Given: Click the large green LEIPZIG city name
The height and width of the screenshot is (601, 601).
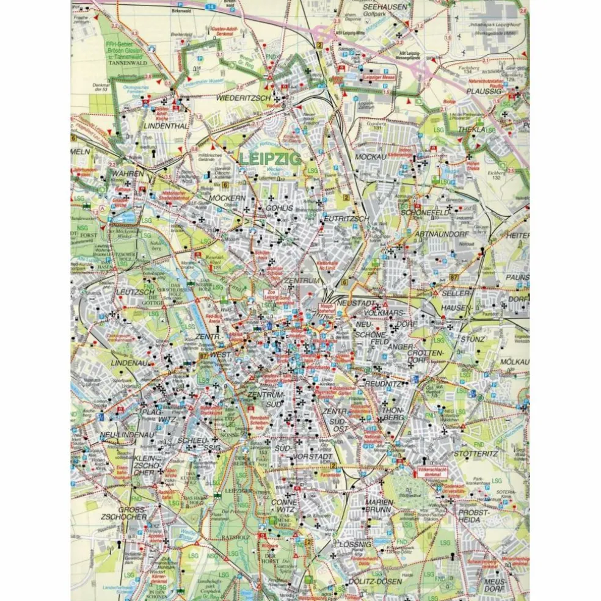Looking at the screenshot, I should (x=269, y=158).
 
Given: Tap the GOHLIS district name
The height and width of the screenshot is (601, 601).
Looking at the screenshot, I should (x=280, y=208).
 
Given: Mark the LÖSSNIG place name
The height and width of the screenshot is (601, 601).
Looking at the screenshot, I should (x=353, y=543).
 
